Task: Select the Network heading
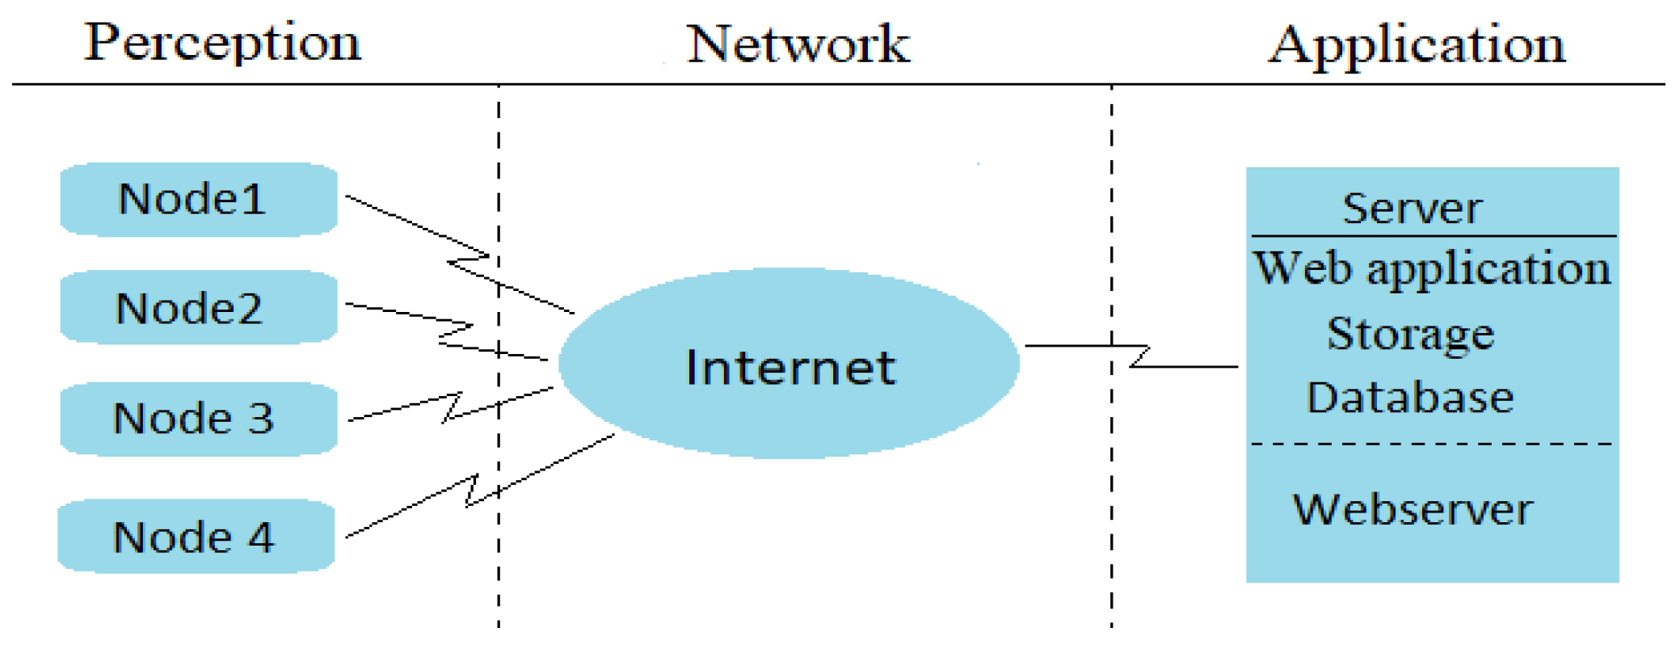(x=798, y=44)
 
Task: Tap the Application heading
(x=1416, y=44)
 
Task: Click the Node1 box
(x=199, y=199)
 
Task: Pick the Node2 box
(x=199, y=308)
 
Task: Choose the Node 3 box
(x=199, y=419)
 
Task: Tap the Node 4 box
(x=196, y=537)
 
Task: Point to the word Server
(x=1412, y=209)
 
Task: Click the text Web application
(x=1431, y=268)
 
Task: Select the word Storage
(x=1410, y=334)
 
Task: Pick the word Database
(x=1410, y=398)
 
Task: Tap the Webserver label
(x=1413, y=509)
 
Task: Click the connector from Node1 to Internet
(x=404, y=221)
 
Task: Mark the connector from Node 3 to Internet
(x=404, y=407)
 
